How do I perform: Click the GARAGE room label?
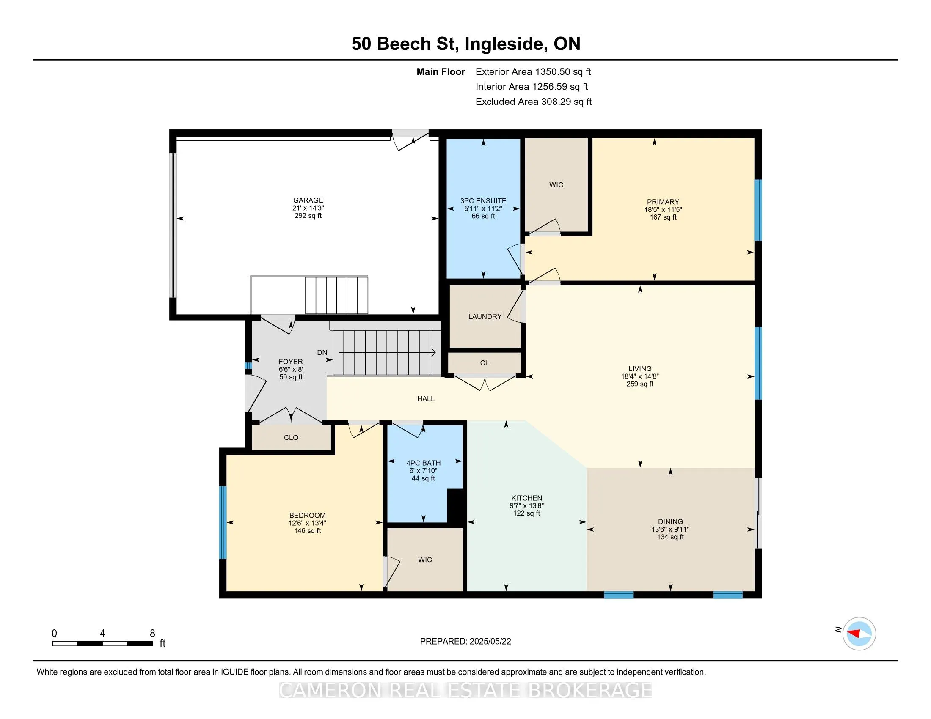point(308,200)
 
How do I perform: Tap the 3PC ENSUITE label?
point(483,201)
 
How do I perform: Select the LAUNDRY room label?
point(485,316)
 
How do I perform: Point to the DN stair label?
point(322,352)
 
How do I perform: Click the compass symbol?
point(859,634)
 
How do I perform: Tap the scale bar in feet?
point(102,643)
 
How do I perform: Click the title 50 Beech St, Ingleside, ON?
point(466,44)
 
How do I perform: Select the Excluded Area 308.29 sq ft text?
point(533,102)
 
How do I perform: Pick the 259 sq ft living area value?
point(639,384)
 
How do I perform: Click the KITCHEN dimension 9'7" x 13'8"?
point(526,505)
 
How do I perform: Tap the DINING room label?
point(670,522)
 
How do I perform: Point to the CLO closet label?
point(291,438)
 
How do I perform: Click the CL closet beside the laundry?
point(484,363)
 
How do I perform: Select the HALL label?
point(426,399)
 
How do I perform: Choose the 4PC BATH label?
point(423,463)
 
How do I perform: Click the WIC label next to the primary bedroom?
point(556,185)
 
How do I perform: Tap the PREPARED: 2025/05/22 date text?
point(465,642)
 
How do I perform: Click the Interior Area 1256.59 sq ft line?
point(532,87)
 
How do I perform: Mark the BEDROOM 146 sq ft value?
point(307,531)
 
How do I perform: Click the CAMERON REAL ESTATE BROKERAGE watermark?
point(465,690)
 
